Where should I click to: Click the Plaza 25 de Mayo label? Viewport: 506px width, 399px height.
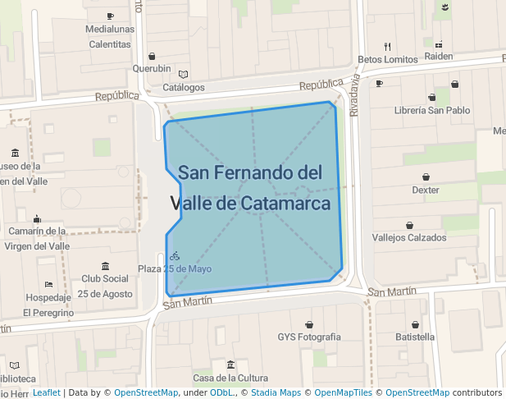click(x=175, y=268)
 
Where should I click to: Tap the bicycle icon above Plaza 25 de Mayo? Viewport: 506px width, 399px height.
click(x=175, y=256)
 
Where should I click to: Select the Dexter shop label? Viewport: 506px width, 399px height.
click(x=426, y=190)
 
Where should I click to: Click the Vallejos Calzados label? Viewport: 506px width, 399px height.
click(x=409, y=237)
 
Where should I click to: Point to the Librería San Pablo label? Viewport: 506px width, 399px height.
click(x=432, y=110)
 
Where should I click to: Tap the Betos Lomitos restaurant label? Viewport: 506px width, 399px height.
click(x=388, y=59)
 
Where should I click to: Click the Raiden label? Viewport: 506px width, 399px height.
click(x=439, y=57)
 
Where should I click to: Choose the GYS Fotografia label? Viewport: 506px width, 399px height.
click(x=309, y=337)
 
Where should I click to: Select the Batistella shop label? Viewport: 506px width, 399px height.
click(x=415, y=337)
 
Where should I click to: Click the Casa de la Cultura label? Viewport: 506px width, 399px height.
click(x=230, y=378)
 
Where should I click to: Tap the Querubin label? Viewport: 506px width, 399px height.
click(x=152, y=69)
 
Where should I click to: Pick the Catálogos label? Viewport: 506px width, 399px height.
click(x=184, y=87)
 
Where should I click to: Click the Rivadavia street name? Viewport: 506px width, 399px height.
click(x=354, y=96)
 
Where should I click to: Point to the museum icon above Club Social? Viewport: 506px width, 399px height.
click(x=105, y=266)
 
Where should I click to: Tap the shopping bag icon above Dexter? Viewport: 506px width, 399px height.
click(x=426, y=177)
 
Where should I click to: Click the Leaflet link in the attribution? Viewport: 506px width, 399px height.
click(x=46, y=392)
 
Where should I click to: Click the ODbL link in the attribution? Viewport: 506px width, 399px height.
click(x=222, y=392)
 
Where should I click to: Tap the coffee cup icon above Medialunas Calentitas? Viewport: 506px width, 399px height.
click(x=110, y=16)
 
